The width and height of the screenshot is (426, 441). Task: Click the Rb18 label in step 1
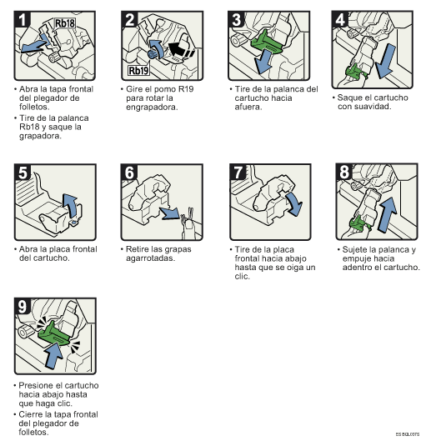tap(65, 23)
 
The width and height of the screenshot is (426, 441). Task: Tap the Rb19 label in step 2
tap(138, 70)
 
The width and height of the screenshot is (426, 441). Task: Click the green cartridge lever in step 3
tap(265, 43)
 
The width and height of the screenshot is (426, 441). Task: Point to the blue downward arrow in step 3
tap(263, 62)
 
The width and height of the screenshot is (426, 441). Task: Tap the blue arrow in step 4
tap(386, 61)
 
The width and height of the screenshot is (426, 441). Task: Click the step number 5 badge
tap(23, 172)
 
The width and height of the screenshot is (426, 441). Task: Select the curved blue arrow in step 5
tap(70, 205)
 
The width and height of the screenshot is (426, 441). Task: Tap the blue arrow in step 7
tap(294, 203)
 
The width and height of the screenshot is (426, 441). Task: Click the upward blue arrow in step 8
tap(388, 214)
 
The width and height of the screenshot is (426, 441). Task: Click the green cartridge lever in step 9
tap(54, 333)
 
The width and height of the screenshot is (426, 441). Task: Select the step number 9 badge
tap(23, 306)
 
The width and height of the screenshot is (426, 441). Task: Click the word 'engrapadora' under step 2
tap(151, 108)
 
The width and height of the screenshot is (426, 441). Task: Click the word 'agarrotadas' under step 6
tap(150, 258)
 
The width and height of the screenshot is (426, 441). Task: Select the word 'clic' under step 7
tap(242, 276)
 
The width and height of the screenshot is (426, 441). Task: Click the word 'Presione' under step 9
tap(36, 385)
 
